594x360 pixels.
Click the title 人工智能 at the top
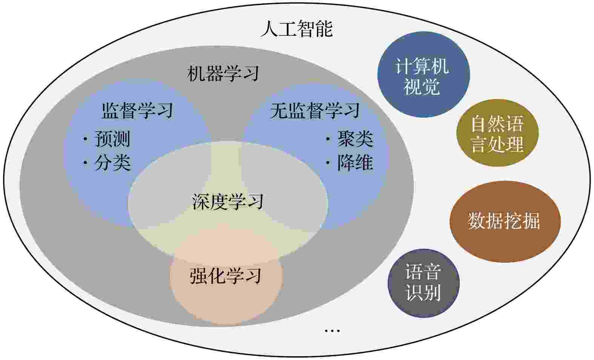pos(297,28)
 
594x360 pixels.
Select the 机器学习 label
pos(223,74)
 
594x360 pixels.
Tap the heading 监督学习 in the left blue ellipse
pos(138,110)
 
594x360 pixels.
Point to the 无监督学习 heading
pos(315,110)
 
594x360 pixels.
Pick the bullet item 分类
pos(113,162)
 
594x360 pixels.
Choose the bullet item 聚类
pos(355,139)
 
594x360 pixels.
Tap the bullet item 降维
pos(355,162)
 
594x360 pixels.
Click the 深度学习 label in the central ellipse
pos(228,202)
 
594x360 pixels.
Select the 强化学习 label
pos(226,276)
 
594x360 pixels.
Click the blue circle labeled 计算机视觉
pos(424,74)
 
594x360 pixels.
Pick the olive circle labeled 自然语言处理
pos(497,133)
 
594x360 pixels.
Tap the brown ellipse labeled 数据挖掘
pos(505,222)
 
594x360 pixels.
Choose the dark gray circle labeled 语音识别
pos(424,283)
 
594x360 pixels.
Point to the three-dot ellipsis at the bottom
pos(332,331)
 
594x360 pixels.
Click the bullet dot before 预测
pos(85,139)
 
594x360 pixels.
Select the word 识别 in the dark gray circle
pos(424,293)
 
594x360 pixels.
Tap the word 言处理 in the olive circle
pos(497,144)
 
